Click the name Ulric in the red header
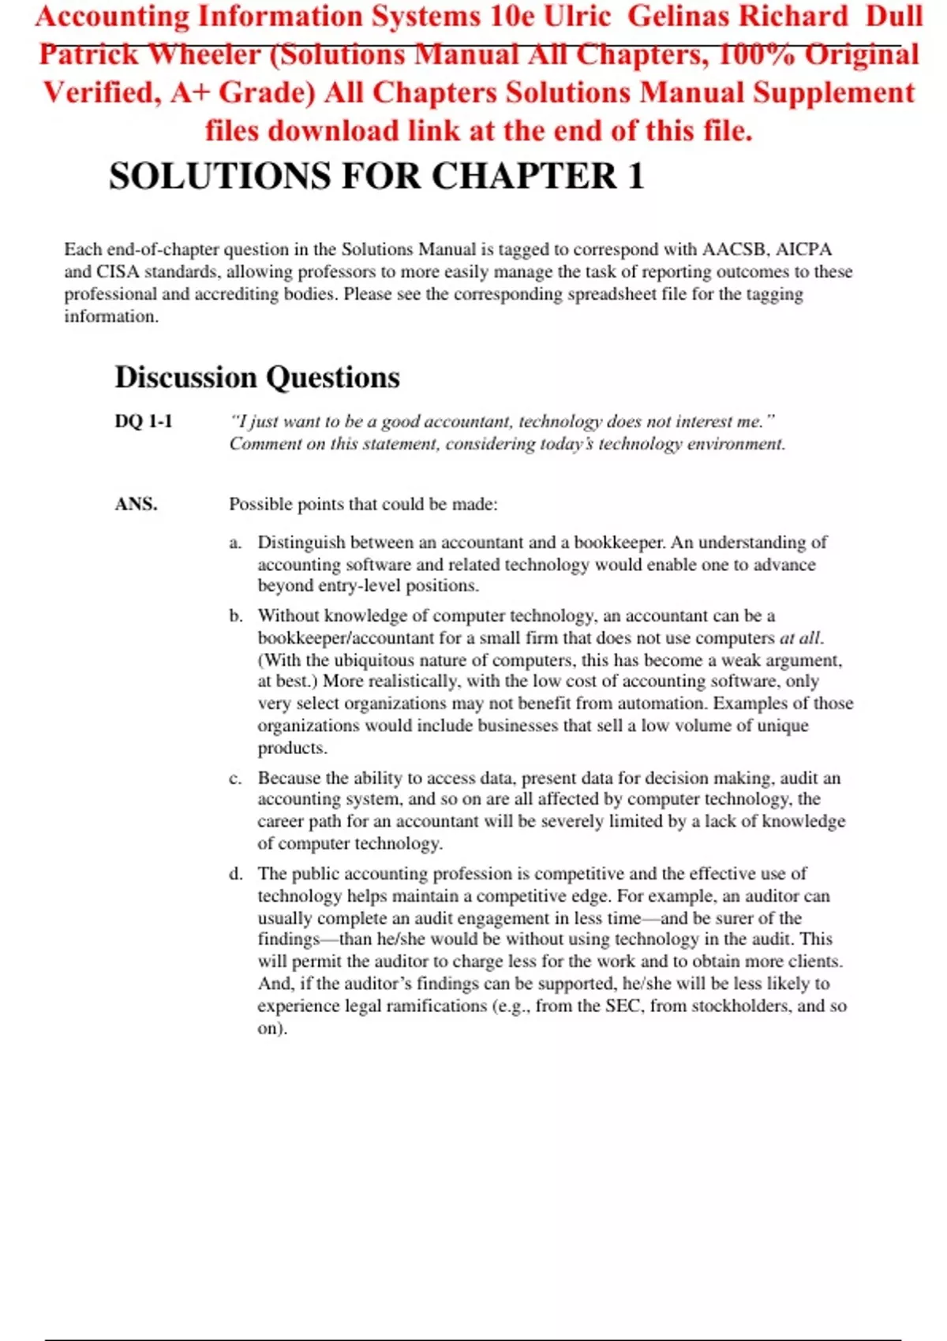coord(577,17)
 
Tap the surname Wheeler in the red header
coord(204,54)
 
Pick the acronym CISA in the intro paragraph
coord(118,271)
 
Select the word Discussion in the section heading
coord(186,378)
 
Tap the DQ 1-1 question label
coord(144,421)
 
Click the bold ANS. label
coord(137,504)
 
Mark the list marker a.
coord(235,543)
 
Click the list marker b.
coord(236,616)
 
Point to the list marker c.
coord(235,779)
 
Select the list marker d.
coord(236,874)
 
